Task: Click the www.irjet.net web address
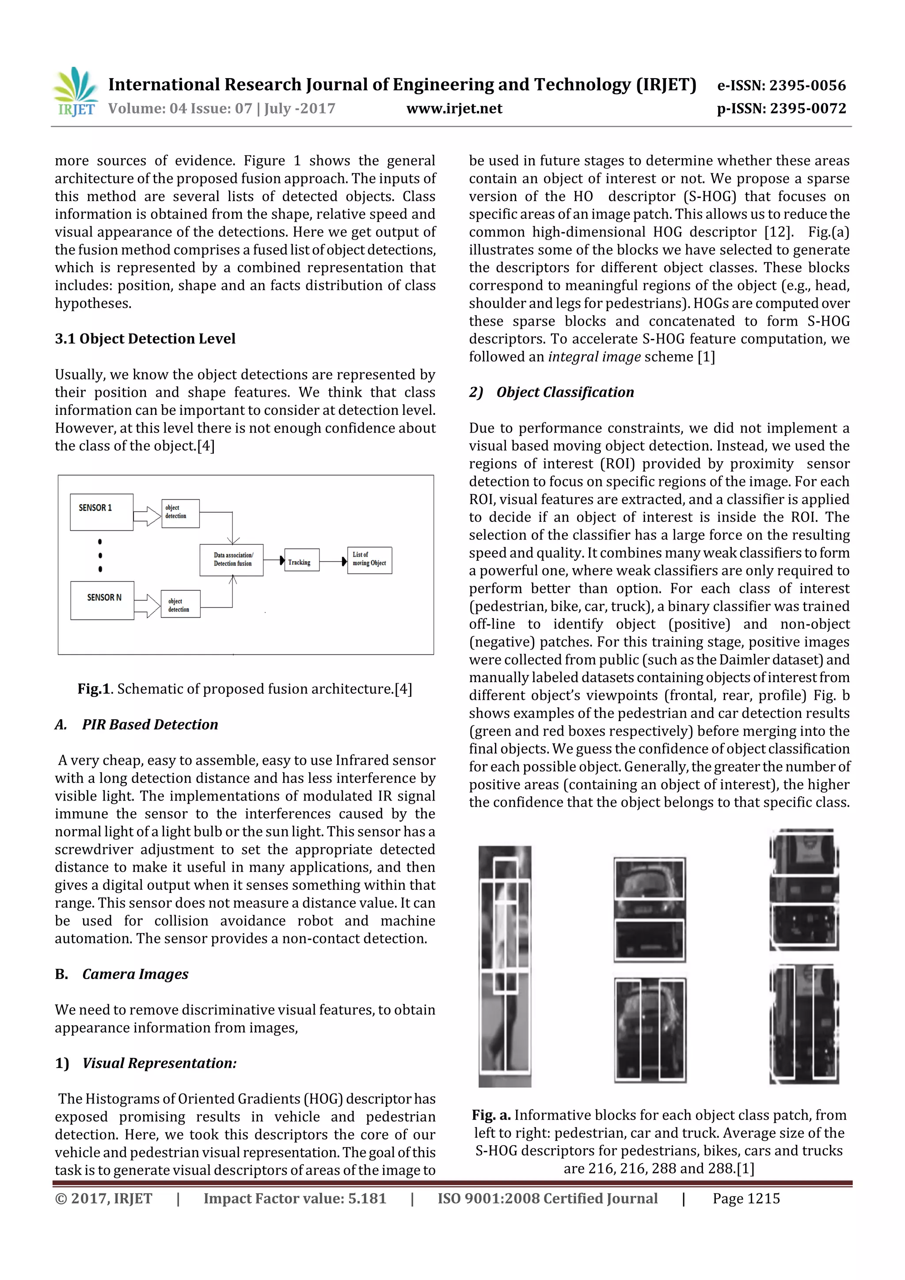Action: click(x=454, y=109)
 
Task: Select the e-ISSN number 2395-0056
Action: click(x=807, y=85)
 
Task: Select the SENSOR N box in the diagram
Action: click(x=102, y=600)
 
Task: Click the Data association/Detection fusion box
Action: click(x=232, y=560)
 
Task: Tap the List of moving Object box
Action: click(x=369, y=560)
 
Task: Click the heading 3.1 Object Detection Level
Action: click(x=145, y=339)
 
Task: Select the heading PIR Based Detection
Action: click(x=149, y=725)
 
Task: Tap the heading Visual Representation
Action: click(x=159, y=1063)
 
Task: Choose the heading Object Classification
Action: click(x=564, y=392)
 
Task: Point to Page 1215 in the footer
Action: click(x=746, y=1199)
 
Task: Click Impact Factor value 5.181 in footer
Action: click(x=294, y=1199)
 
